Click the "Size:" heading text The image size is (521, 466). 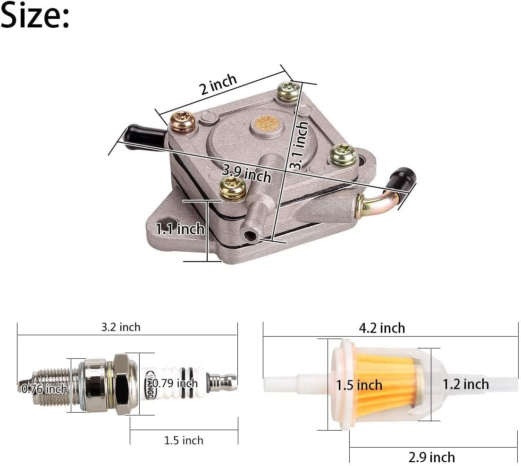tap(35, 15)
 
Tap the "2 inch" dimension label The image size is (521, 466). tap(218, 84)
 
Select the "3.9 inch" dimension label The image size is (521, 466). tap(246, 174)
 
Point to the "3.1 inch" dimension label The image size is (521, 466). tap(300, 145)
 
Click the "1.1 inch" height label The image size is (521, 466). tap(180, 229)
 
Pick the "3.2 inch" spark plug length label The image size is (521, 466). tap(121, 327)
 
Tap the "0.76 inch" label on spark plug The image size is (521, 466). tap(44, 389)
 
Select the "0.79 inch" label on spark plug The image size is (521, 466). tap(175, 383)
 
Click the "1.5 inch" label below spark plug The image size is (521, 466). tap(184, 441)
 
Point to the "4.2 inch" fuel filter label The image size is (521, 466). tap(382, 328)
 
